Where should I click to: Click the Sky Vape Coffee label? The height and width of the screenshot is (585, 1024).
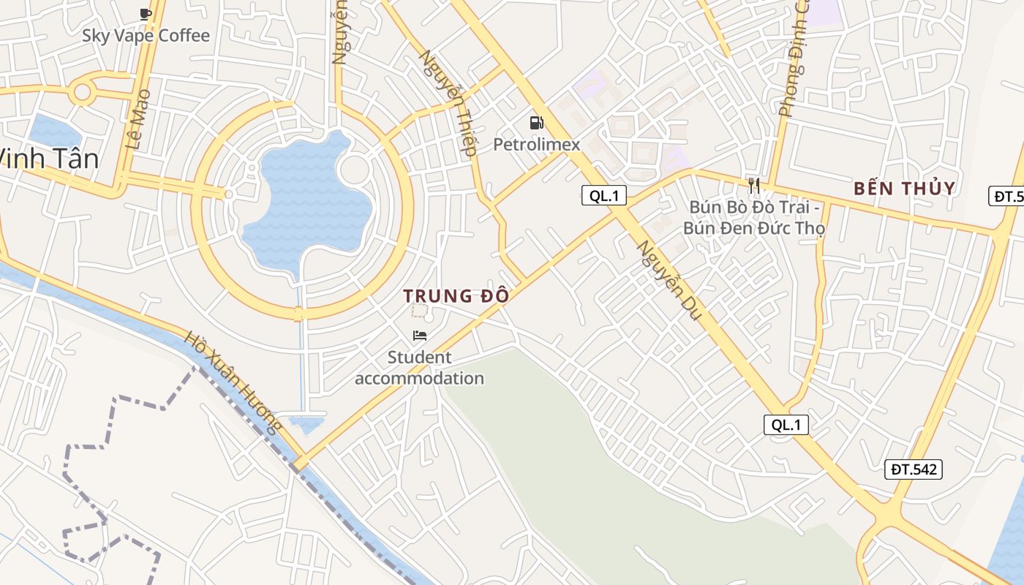pyautogui.click(x=146, y=35)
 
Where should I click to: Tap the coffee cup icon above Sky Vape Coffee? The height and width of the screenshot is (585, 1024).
pyautogui.click(x=146, y=14)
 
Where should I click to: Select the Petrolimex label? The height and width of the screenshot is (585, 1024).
pyautogui.click(x=536, y=144)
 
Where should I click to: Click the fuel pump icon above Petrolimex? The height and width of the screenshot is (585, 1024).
pyautogui.click(x=537, y=123)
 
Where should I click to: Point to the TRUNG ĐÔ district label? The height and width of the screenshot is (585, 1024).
pyautogui.click(x=456, y=296)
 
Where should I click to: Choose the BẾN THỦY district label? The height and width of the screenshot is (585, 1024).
pyautogui.click(x=905, y=188)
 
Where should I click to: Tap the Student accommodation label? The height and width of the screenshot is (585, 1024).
pyautogui.click(x=419, y=368)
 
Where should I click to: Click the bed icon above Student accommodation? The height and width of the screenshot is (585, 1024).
pyautogui.click(x=420, y=336)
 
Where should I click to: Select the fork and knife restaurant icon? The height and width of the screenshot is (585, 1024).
pyautogui.click(x=754, y=186)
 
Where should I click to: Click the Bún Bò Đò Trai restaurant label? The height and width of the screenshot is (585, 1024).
pyautogui.click(x=754, y=218)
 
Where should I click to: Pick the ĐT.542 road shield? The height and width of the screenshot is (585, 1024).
pyautogui.click(x=914, y=469)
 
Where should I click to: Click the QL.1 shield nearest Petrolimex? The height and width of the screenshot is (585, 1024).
pyautogui.click(x=604, y=195)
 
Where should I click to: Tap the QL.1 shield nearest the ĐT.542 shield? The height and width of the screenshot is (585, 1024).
pyautogui.click(x=786, y=425)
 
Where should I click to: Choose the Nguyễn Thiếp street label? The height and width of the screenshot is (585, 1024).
pyautogui.click(x=448, y=102)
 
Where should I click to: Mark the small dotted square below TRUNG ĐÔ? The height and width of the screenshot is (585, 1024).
pyautogui.click(x=420, y=312)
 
